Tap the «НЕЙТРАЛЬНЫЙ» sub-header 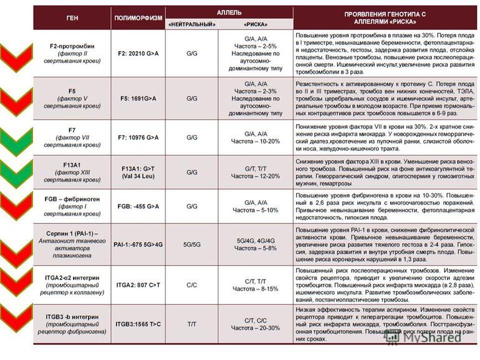click(x=191, y=24)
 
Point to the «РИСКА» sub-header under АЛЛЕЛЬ click(x=256, y=24)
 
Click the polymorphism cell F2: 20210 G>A click(x=138, y=54)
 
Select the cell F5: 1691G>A click(x=138, y=98)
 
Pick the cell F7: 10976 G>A click(x=138, y=136)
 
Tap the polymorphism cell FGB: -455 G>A click(x=138, y=206)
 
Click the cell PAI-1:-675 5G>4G click(x=138, y=244)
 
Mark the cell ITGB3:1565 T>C click(x=138, y=324)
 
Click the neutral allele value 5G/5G click(x=191, y=244)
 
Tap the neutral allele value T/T click(x=191, y=324)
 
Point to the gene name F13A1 click(x=72, y=164)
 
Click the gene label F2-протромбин click(x=72, y=46)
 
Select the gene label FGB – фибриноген click(x=72, y=197)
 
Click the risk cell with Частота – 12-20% click(x=256, y=172)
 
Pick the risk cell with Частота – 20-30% click(x=256, y=324)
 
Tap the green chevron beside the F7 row click(x=17, y=138)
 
